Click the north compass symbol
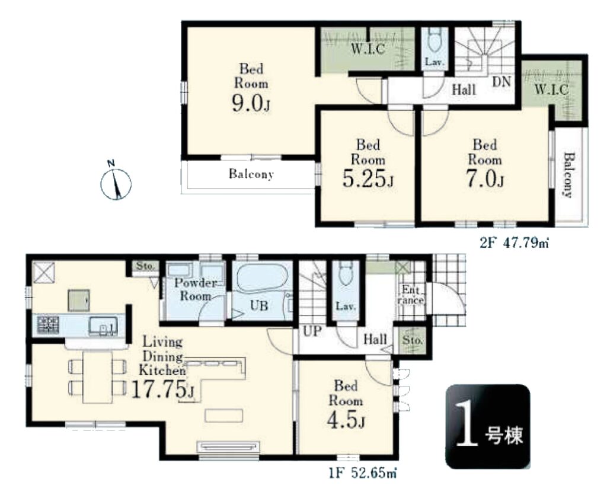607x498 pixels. point(116,183)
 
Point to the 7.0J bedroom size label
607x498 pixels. point(485,179)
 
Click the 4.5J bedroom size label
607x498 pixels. point(346,420)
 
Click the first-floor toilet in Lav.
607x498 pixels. point(346,273)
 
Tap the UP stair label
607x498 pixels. point(312,331)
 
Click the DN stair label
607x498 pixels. point(501,82)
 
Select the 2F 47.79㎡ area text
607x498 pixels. point(515,243)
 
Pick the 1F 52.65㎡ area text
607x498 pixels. point(362,473)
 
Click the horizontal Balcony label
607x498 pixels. point(251,174)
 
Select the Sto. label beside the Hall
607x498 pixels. point(413,340)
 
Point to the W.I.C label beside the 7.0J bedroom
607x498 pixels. point(552,90)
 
